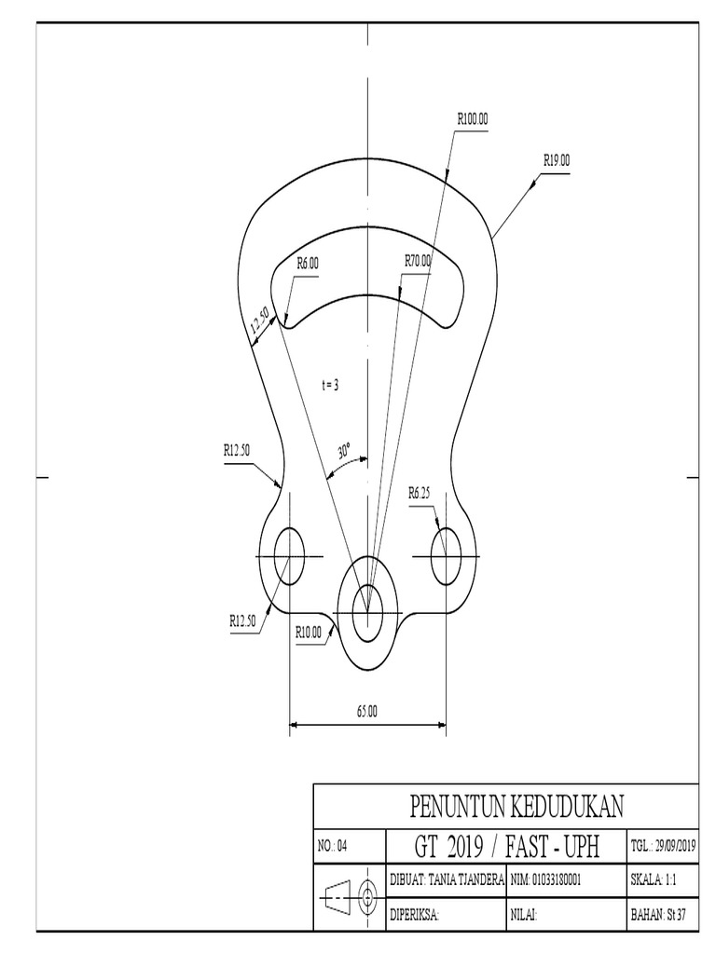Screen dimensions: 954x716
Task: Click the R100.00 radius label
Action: coord(473,119)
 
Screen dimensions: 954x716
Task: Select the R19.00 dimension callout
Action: coord(557,160)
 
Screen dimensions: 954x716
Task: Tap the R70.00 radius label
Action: coord(418,261)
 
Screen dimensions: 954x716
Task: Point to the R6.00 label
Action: coord(308,264)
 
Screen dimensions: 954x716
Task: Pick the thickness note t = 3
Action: coord(329,383)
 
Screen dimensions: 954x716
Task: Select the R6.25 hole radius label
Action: coord(420,494)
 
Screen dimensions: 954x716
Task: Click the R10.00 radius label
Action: coord(309,632)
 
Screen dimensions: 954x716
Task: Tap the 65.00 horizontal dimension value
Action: coord(367,711)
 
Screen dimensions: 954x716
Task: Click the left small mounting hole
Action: coord(290,555)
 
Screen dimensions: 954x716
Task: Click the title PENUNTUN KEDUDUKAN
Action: coord(504,804)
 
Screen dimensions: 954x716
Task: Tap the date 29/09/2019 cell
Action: coord(664,846)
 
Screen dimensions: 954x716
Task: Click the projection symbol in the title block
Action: coord(349,897)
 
